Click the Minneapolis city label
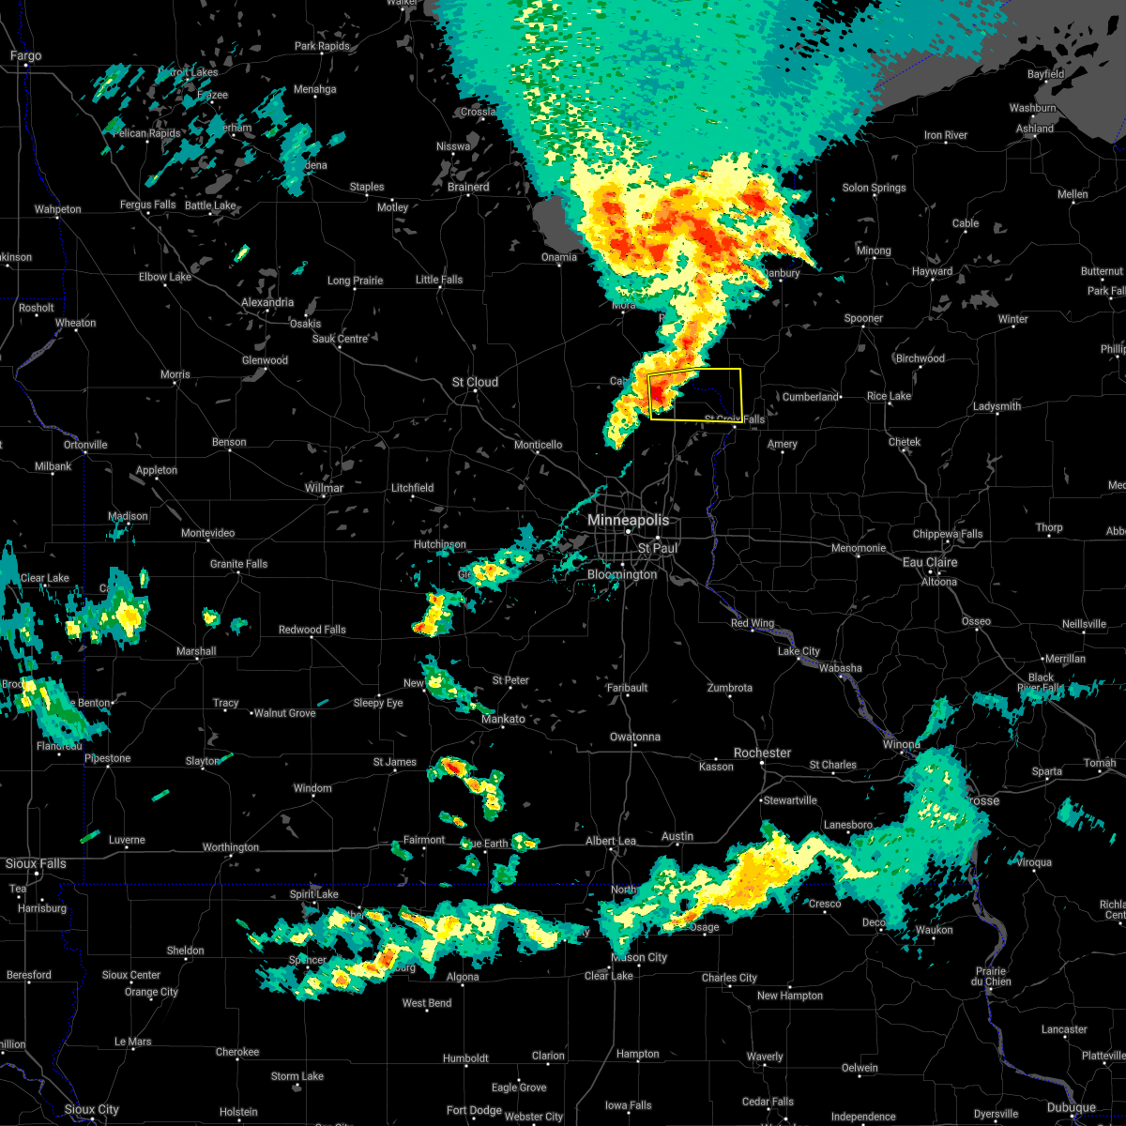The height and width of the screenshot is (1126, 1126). pyautogui.click(x=629, y=520)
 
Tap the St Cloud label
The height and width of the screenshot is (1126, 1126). pyautogui.click(x=475, y=382)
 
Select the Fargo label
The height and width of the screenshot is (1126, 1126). pyautogui.click(x=25, y=56)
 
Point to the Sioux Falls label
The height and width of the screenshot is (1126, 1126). pyautogui.click(x=36, y=863)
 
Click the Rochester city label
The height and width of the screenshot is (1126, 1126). pyautogui.click(x=762, y=753)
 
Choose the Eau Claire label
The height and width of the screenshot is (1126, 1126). pyautogui.click(x=930, y=562)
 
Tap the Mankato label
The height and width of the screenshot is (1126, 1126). pyautogui.click(x=503, y=719)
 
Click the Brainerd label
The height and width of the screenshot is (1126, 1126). pyautogui.click(x=467, y=187)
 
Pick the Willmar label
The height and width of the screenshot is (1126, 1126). pyautogui.click(x=324, y=488)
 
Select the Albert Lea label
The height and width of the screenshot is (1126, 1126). pyautogui.click(x=611, y=841)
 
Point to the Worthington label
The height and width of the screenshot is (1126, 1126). pyautogui.click(x=231, y=847)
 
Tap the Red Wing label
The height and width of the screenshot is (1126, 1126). pyautogui.click(x=753, y=624)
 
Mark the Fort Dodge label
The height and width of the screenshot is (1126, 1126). pyautogui.click(x=474, y=1110)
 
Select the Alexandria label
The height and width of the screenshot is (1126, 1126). pyautogui.click(x=266, y=302)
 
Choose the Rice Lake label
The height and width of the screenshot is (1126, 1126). pyautogui.click(x=889, y=396)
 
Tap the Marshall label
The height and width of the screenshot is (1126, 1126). pyautogui.click(x=196, y=651)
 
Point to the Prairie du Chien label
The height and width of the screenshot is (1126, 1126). pyautogui.click(x=990, y=977)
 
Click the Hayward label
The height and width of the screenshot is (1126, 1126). pyautogui.click(x=932, y=271)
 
